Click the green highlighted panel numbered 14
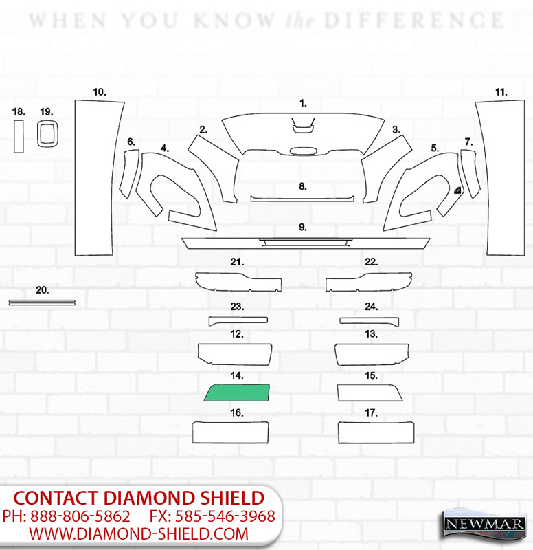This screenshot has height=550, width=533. tap(237, 393)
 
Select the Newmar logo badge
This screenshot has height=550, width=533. tap(484, 525)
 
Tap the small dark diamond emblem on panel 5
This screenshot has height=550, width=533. tap(457, 190)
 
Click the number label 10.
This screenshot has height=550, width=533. tap(99, 92)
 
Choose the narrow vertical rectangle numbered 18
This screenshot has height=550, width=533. tap(19, 136)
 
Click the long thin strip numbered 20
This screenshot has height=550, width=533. tap(42, 302)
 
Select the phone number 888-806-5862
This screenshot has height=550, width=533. tap(80, 516)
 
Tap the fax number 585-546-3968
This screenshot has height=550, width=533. tap(225, 516)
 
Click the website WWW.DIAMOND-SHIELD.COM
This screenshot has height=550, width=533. tap(139, 534)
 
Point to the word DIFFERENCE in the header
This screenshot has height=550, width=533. tap(414, 21)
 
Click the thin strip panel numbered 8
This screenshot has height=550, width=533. tap(302, 199)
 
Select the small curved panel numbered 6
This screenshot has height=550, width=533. tap(129, 174)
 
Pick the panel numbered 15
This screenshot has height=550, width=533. tap(370, 393)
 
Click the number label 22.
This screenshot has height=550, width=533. tap(371, 262)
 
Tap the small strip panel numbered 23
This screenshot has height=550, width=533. tap(238, 320)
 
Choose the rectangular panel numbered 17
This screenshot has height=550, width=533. tap(376, 432)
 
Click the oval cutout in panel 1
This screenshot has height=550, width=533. tap(304, 151)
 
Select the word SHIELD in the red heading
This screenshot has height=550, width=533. tap(232, 498)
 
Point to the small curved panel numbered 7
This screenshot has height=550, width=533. tap(470, 174)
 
